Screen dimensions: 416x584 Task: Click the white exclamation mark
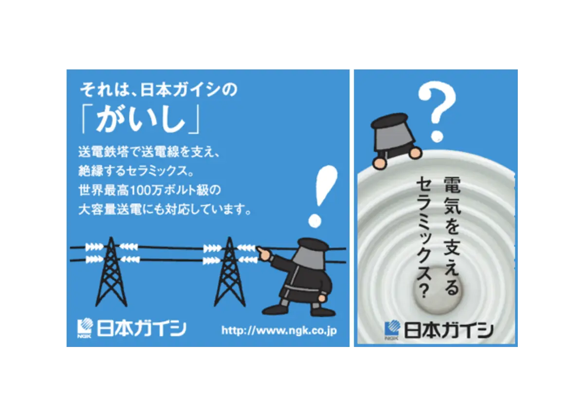tap(323, 192)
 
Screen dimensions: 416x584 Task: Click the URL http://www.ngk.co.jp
tap(279, 331)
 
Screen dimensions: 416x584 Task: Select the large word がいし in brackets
tap(141, 120)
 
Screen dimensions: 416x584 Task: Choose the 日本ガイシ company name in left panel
tap(141, 328)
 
